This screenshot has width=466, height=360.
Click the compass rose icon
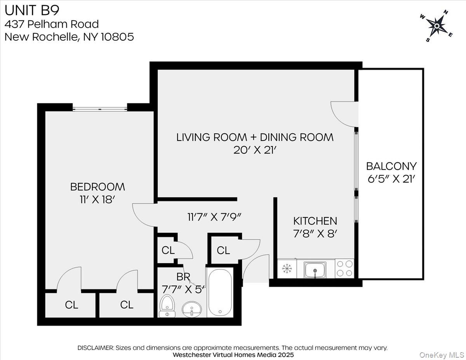pyautogui.click(x=436, y=26)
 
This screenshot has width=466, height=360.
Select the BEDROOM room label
pyautogui.click(x=97, y=187)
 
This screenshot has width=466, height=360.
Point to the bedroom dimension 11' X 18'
pyautogui.click(x=97, y=200)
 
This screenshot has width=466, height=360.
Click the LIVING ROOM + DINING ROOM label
pyautogui.click(x=255, y=137)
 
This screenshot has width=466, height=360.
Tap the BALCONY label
pyautogui.click(x=391, y=166)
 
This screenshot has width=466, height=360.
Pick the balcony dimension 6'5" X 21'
pyautogui.click(x=391, y=179)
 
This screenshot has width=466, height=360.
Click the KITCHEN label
pyautogui.click(x=315, y=221)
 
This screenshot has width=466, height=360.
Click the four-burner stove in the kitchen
pyautogui.click(x=344, y=268)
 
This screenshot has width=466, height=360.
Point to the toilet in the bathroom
pyautogui.click(x=167, y=306)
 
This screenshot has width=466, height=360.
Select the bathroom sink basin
pyautogui.click(x=191, y=309)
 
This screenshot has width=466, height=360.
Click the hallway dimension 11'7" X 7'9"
pyautogui.click(x=215, y=216)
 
